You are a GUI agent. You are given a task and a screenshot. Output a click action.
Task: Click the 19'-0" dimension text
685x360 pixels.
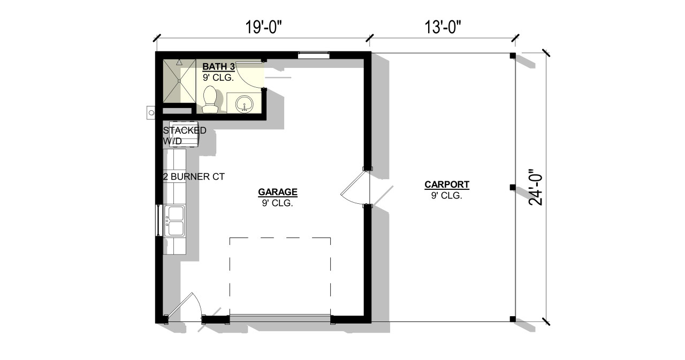263,27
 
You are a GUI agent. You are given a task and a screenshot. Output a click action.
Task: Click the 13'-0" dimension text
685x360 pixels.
443,27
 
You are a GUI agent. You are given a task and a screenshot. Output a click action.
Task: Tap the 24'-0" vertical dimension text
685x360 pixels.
536,187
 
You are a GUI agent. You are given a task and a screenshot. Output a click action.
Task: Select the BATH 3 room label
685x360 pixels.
219,67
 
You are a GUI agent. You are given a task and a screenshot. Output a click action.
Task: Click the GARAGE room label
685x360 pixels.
277,192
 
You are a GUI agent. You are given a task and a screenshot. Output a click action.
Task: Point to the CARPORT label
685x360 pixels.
447,185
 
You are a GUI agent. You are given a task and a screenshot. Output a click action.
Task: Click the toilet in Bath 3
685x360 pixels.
210,100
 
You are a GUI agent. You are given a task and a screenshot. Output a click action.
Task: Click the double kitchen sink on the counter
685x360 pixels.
176,220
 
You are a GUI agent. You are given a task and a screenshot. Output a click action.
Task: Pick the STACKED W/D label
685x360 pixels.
184,135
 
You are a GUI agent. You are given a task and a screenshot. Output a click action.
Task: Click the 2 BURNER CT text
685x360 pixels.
193,176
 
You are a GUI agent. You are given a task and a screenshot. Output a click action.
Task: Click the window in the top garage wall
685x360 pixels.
313,54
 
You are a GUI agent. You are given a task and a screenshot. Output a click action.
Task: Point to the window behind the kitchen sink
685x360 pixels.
158,220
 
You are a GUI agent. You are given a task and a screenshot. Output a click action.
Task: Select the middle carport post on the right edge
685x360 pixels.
512,187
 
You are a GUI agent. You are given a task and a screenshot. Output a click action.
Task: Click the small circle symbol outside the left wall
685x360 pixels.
151,113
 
